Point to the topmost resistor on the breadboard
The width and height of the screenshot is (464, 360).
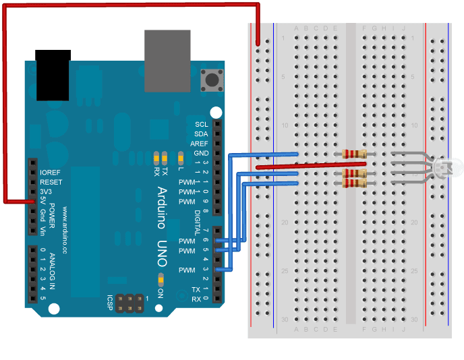tap(355, 154)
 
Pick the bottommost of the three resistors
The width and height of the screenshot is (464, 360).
tap(355, 183)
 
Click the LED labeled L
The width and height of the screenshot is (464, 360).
tap(179, 158)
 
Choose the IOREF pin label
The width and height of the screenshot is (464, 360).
tap(51, 173)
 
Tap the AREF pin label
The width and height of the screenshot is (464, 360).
tap(199, 144)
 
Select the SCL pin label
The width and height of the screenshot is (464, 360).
tap(202, 125)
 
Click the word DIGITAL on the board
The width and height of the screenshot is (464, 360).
tap(198, 220)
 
